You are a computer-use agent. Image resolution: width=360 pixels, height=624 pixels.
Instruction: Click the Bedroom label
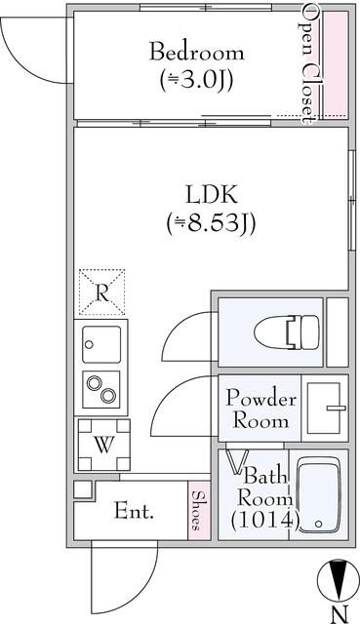pos(196,52)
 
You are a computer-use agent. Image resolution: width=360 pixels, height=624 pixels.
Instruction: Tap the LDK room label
pos(209,193)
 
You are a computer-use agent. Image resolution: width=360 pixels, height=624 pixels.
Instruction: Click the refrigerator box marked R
pos(102,291)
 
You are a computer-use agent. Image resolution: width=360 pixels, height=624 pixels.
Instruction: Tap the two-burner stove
pos(101,390)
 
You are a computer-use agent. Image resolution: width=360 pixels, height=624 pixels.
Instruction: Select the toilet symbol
pos(287,332)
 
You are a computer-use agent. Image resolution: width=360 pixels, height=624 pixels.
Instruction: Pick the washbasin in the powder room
pos(326,409)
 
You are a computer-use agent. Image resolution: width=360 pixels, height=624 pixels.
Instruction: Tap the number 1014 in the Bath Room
pos(262,521)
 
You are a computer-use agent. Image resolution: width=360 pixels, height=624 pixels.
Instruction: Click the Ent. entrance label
pos(134,511)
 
